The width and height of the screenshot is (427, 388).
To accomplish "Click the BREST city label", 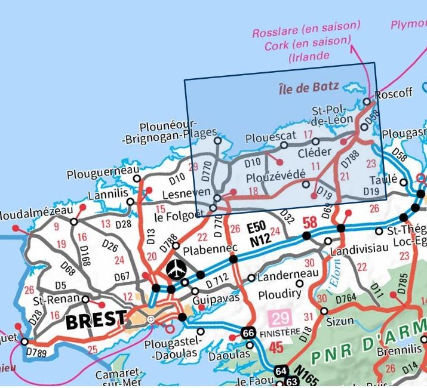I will tap(96, 320).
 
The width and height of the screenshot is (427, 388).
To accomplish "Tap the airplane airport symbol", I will tap(176, 269).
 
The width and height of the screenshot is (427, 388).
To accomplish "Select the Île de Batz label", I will tap(308, 88).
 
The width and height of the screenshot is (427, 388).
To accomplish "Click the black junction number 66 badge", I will tap(248, 332).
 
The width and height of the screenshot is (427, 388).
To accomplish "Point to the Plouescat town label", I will tap(271, 137).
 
